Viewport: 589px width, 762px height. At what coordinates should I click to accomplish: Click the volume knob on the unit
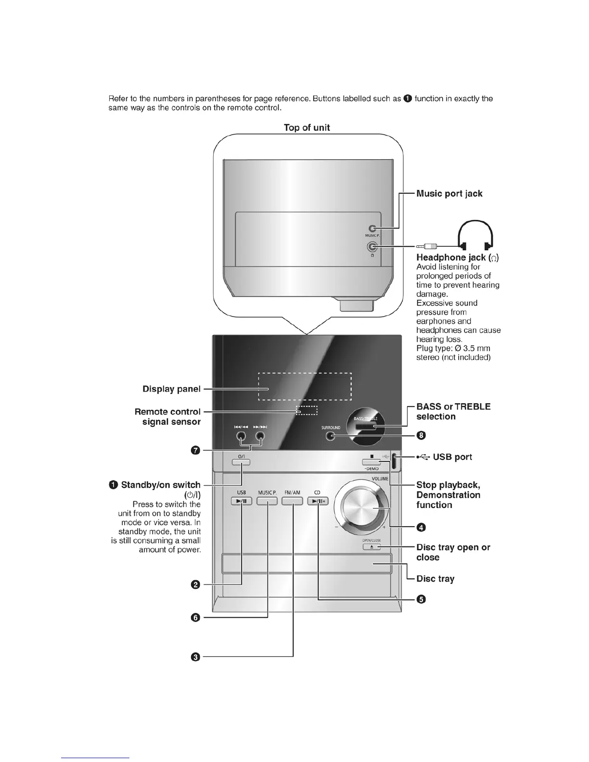click(364, 510)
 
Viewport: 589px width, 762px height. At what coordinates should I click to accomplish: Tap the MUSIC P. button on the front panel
click(267, 501)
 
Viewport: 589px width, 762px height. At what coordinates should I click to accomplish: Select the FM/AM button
click(292, 501)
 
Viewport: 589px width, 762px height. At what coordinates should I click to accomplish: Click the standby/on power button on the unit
click(241, 462)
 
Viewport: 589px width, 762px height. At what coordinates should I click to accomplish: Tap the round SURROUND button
click(330, 436)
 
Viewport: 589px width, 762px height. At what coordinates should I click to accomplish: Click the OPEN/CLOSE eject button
click(371, 547)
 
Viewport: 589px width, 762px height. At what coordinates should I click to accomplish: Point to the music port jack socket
click(371, 229)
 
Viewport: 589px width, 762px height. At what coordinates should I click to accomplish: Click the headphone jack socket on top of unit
click(371, 247)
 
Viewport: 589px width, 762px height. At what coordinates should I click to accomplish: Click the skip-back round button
click(241, 436)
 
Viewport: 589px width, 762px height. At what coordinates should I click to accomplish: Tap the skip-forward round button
click(260, 436)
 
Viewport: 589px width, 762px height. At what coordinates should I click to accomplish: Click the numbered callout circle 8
click(422, 435)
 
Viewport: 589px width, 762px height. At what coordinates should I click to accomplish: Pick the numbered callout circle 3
click(196, 657)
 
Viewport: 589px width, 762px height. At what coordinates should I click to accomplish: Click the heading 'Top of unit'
click(307, 127)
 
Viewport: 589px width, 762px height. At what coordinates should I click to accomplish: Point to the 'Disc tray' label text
click(435, 579)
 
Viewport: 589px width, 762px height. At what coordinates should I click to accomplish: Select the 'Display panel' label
click(171, 389)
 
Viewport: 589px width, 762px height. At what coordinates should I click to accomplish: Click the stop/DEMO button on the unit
click(371, 462)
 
